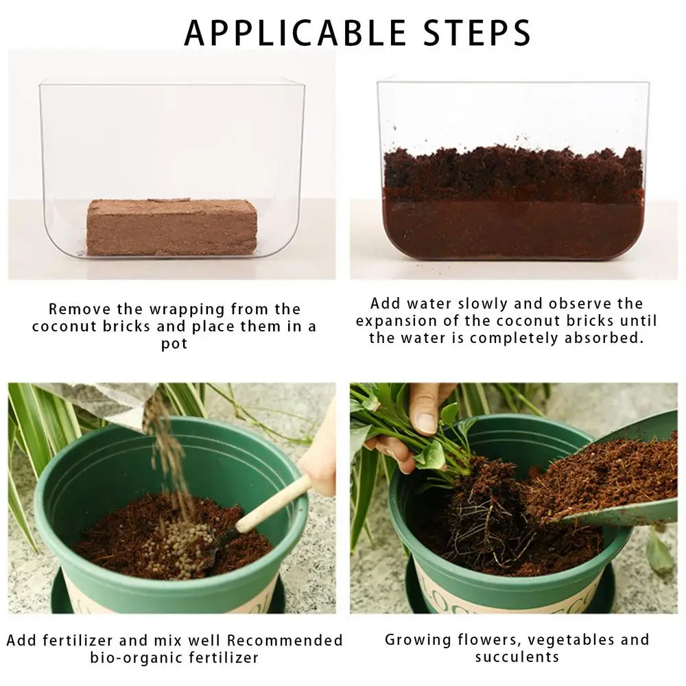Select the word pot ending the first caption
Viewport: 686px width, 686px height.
tap(174, 344)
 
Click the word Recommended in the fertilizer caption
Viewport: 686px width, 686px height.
tap(285, 641)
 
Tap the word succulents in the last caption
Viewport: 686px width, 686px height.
tap(517, 657)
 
